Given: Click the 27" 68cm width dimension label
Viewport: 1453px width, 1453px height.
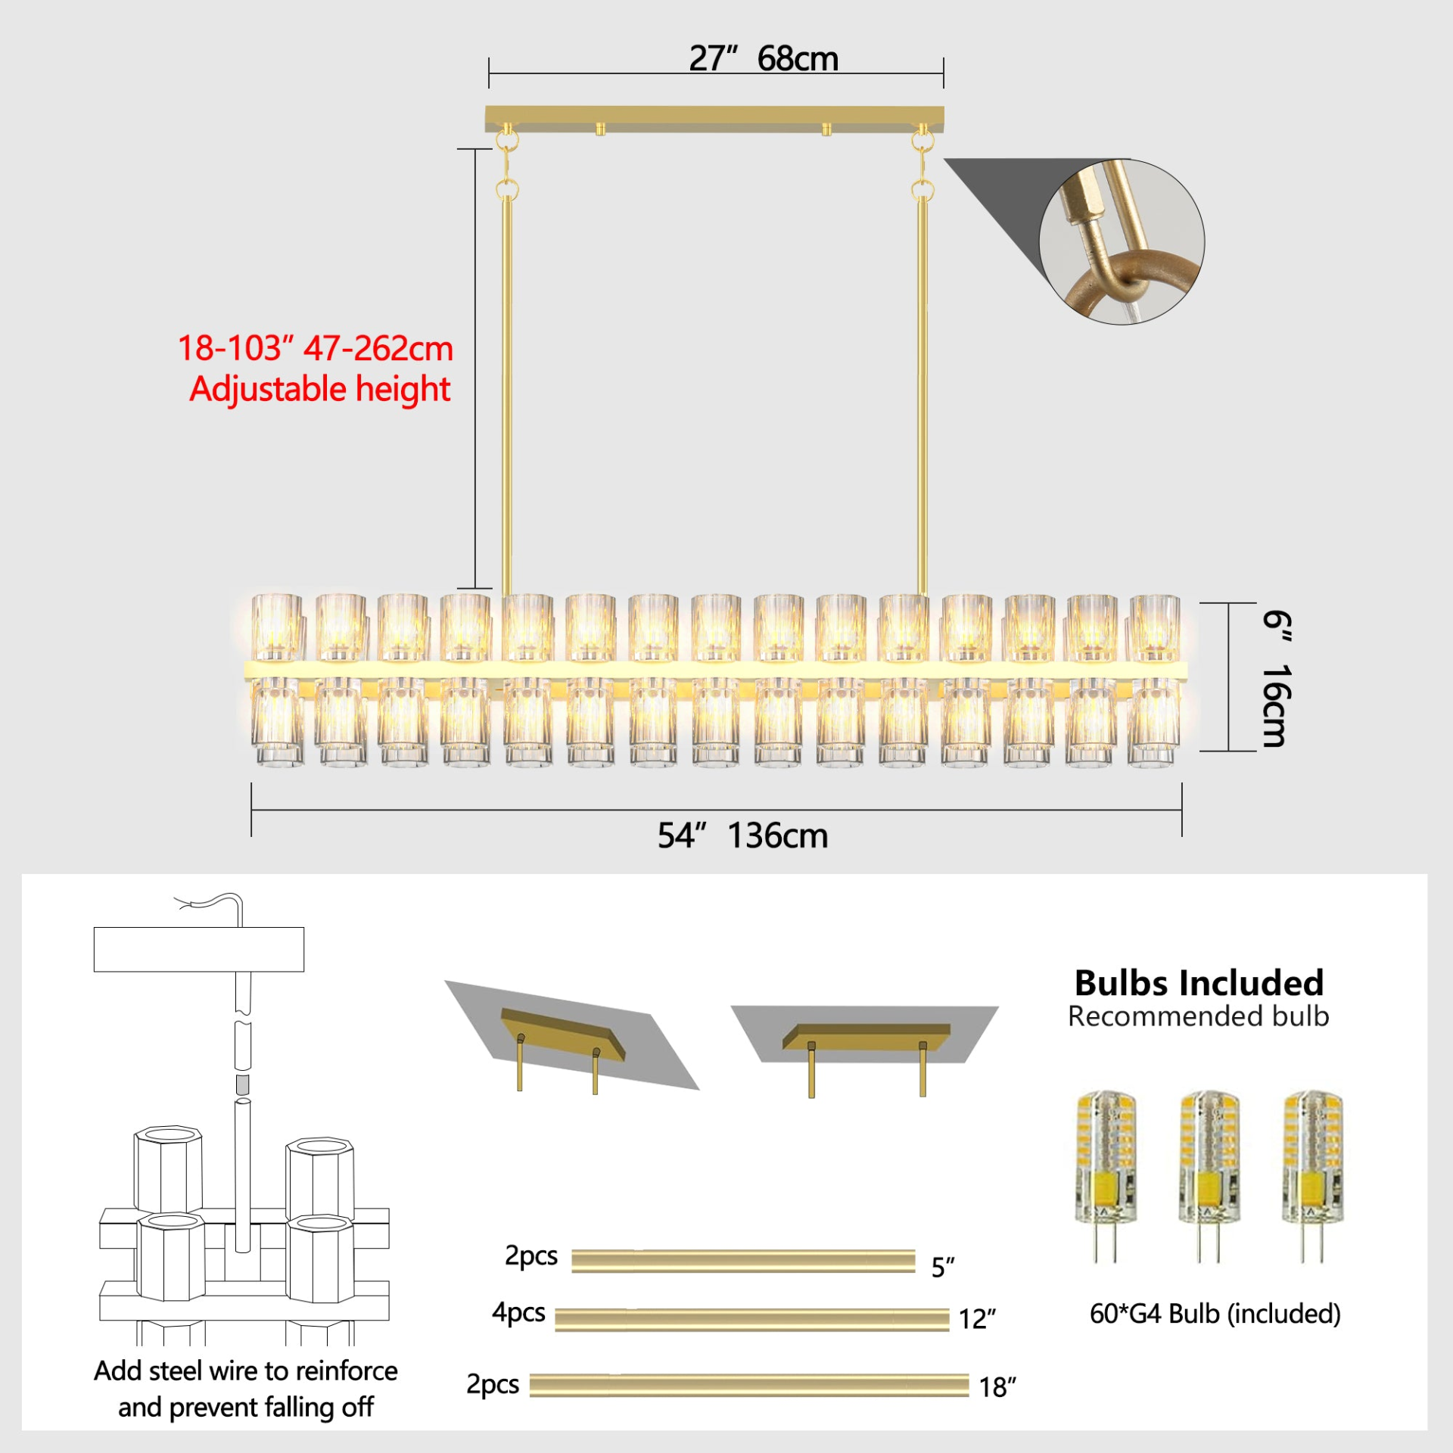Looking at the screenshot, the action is (764, 58).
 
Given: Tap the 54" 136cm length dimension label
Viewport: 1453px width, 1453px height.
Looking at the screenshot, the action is (742, 835).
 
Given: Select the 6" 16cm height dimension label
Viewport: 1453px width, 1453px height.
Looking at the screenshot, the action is (1277, 679).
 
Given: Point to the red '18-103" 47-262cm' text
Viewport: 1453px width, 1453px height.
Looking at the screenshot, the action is (316, 348).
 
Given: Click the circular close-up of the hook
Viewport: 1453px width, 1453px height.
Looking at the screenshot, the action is (1122, 242).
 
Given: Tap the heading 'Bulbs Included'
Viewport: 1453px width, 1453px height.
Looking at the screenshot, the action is (1199, 983).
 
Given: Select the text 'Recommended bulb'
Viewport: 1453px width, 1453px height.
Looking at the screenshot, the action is (1199, 1016).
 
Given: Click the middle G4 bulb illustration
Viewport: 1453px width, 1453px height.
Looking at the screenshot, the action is (1209, 1176).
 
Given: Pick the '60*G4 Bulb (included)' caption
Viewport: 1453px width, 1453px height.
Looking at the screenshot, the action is (1215, 1314).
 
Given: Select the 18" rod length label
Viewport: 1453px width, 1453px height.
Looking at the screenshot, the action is (997, 1387).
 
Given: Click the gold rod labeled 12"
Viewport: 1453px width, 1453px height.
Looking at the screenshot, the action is (751, 1319).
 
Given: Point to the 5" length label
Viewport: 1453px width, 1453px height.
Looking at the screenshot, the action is (943, 1267).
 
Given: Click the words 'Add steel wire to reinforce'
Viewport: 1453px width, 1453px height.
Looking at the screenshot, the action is (246, 1371).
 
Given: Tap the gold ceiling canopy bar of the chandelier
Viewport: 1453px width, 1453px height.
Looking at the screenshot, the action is (714, 119).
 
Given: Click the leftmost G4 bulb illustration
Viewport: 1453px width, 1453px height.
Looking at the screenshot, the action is (1106, 1176).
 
